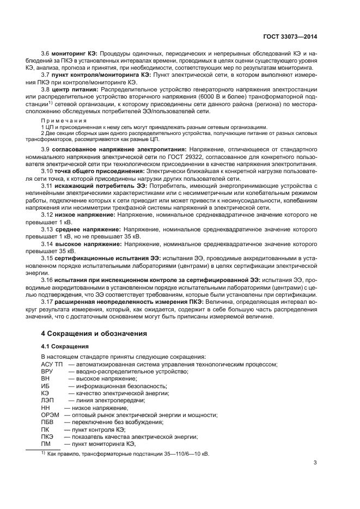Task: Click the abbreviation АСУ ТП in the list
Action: [x=52, y=364]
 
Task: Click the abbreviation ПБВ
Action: [x=48, y=422]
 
